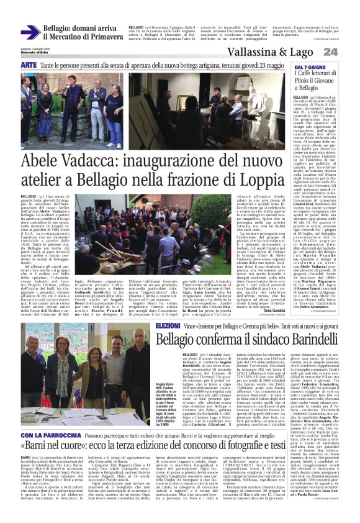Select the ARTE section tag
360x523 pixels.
click(x=29, y=65)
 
